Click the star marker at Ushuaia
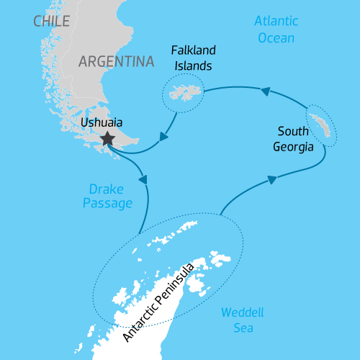pyautogui.click(x=108, y=138)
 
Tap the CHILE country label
pyautogui.click(x=52, y=21)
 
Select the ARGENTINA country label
pyautogui.click(x=117, y=61)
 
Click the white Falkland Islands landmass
pyautogui.click(x=184, y=91)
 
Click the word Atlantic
pyautogui.click(x=276, y=22)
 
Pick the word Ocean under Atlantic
pyautogui.click(x=276, y=38)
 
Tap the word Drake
pyautogui.click(x=106, y=189)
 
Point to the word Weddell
pyautogui.click(x=243, y=313)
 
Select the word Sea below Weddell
pyautogui.click(x=243, y=328)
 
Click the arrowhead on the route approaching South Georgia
pyautogui.click(x=271, y=180)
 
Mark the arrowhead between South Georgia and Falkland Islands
pyautogui.click(x=266, y=91)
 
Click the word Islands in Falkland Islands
pyautogui.click(x=194, y=66)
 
